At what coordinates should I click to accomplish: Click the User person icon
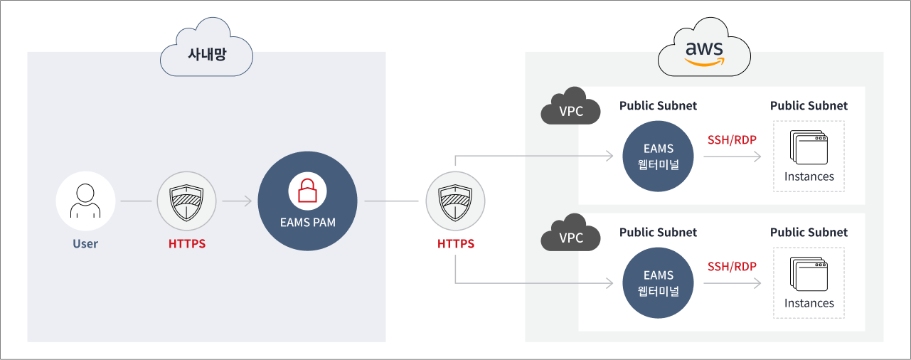85,201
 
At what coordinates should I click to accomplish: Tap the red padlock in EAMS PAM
307,190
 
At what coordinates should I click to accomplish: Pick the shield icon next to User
186,201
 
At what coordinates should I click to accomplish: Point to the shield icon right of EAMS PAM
455,201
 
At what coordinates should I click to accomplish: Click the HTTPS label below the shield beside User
187,244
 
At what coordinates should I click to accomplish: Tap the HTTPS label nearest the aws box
456,244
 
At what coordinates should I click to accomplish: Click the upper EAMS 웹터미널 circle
658,157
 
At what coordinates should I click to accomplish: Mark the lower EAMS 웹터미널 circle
658,283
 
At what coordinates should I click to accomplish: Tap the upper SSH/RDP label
732,139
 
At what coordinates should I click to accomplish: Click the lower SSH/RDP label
732,267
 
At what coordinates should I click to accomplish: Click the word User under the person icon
85,244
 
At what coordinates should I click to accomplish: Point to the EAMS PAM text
307,222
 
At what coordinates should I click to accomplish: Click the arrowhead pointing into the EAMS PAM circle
248,201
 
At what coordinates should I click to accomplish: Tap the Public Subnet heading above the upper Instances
809,106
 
